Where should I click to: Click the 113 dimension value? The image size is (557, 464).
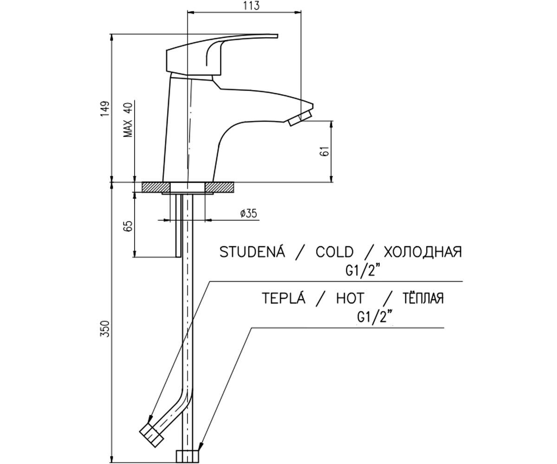pos(251,6)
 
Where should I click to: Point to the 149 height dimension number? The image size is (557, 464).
pos(105,109)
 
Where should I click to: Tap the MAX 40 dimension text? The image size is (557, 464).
pos(128,120)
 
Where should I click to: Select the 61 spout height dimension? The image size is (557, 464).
pos(326,151)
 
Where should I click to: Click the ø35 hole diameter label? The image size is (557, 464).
pos(248,213)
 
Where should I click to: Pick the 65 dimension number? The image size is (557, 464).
pos(129,226)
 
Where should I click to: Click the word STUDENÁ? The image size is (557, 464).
pos(252,252)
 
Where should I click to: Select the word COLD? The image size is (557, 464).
pos(335,252)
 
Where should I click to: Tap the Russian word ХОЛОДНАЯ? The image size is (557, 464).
pos(423,252)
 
